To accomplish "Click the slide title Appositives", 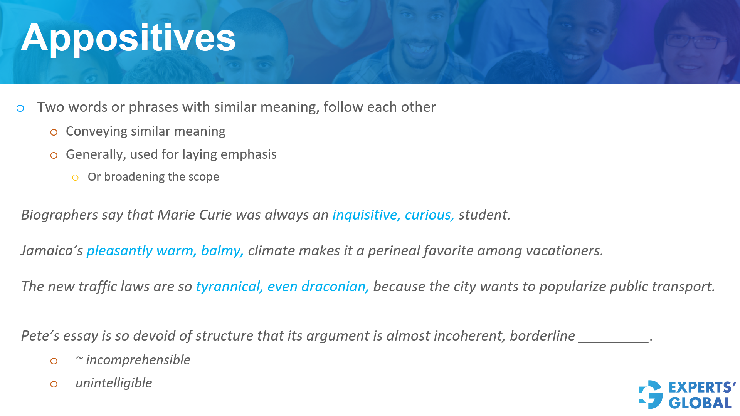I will point(128,38).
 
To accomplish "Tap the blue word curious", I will point(429,215).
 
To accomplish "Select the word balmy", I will point(221,251).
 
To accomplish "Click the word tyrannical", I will point(229,287).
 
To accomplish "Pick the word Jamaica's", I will point(52,251).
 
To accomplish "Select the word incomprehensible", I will point(138,360).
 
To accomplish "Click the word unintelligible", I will point(114,383).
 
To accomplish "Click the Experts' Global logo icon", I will point(651,394).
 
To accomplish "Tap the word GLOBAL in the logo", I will point(700,403).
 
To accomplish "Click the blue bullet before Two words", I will point(20,108).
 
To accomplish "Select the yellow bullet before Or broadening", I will point(75,178).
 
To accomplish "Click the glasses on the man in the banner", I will point(694,41).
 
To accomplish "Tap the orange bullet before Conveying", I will point(54,133).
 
